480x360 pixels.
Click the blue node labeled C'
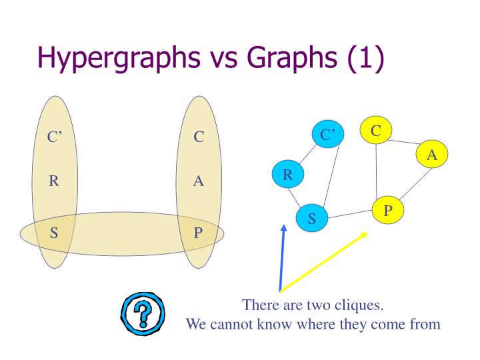pos(328,135)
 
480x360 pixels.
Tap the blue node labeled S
pos(312,217)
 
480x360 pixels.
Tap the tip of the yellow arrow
pos(367,233)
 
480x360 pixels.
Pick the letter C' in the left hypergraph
pos(54,137)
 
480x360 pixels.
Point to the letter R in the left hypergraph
pos(54,181)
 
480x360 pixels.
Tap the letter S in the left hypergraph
pos(54,233)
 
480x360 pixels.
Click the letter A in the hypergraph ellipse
pos(198,181)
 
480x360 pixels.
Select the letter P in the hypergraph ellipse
pos(198,233)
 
